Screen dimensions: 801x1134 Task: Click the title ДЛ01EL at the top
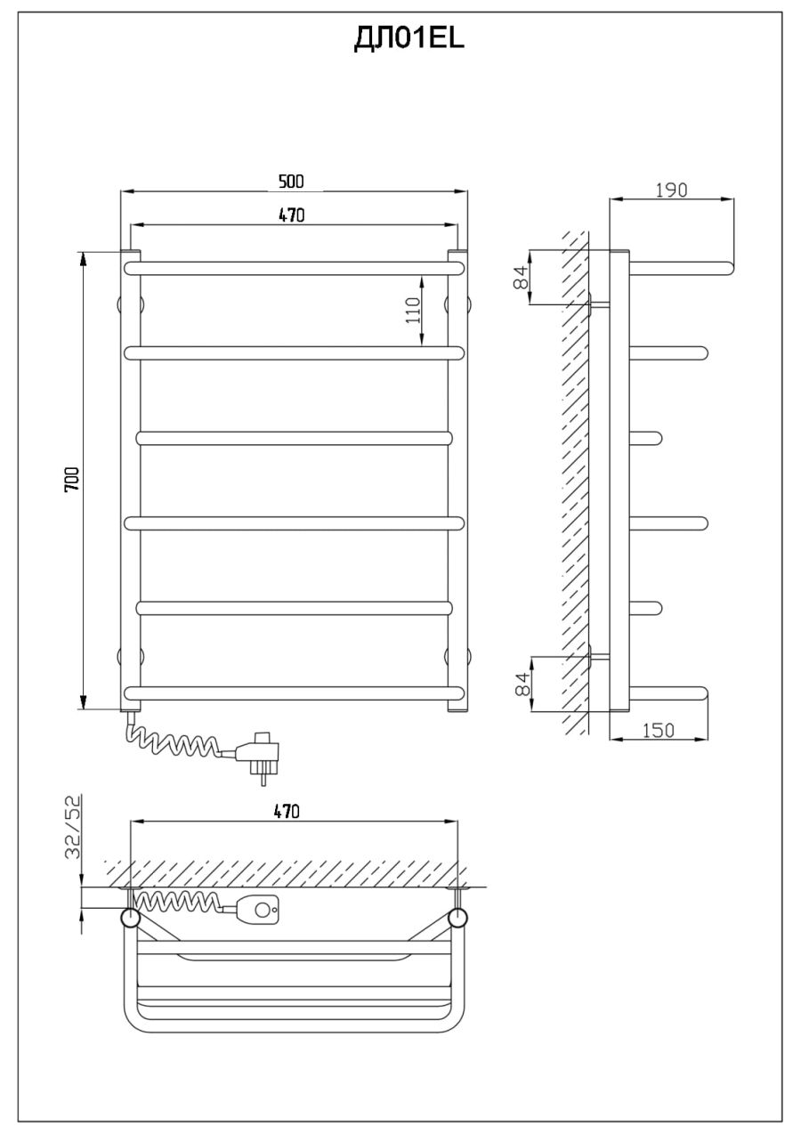pyautogui.click(x=409, y=39)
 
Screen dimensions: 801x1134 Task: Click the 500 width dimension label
pyautogui.click(x=291, y=182)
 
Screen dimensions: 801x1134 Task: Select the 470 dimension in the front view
pyautogui.click(x=292, y=215)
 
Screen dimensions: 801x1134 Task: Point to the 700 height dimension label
pyautogui.click(x=72, y=479)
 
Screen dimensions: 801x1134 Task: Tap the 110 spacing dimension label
pyautogui.click(x=413, y=311)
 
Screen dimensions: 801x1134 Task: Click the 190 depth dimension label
pyautogui.click(x=671, y=190)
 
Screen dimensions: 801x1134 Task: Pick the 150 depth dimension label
pyautogui.click(x=659, y=731)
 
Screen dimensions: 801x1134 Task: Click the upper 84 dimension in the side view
pyautogui.click(x=521, y=277)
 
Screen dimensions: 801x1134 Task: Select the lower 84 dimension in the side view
pyautogui.click(x=522, y=684)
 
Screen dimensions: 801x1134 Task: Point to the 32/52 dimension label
pyautogui.click(x=73, y=828)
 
